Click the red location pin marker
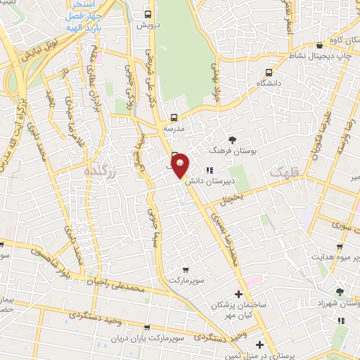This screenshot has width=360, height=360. pos(180,165)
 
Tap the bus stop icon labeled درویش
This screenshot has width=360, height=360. pos(147,14)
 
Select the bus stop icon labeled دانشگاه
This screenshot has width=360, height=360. pos(269,72)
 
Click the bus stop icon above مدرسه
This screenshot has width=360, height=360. pos(174,118)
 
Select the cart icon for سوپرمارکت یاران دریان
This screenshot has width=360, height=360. pos(146,328)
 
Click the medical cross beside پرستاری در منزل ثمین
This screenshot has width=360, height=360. pos(259,345)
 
